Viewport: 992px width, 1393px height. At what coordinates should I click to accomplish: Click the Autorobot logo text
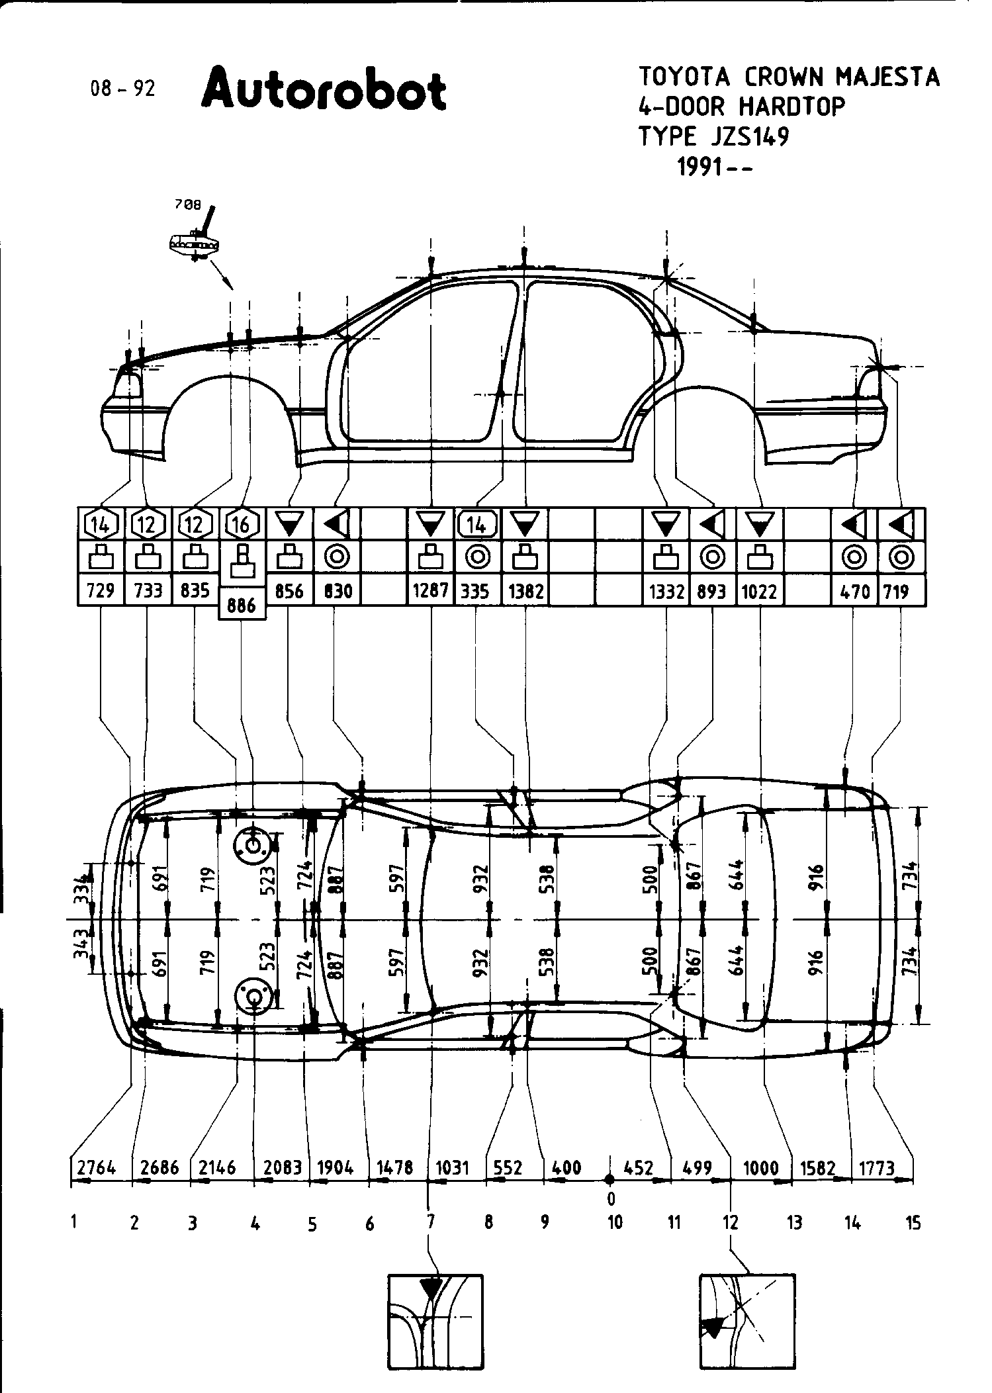[x=324, y=91]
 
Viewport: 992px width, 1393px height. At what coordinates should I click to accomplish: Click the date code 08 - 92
[x=123, y=89]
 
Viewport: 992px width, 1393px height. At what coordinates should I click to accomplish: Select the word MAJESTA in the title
[x=887, y=77]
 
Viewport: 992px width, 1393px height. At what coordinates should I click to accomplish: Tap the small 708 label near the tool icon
[x=187, y=205]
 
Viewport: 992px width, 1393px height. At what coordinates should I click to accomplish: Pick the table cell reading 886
[x=242, y=605]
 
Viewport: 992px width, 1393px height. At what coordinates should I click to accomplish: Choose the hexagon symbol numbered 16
[x=242, y=525]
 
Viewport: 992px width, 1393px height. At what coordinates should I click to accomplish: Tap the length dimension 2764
[x=97, y=1168]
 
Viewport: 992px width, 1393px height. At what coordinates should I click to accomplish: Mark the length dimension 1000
[x=760, y=1168]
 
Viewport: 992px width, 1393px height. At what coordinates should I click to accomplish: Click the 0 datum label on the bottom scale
[x=611, y=1198]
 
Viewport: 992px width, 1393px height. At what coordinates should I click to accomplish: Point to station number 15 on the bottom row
[x=913, y=1223]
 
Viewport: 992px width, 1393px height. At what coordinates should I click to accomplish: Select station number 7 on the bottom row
[x=430, y=1222]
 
